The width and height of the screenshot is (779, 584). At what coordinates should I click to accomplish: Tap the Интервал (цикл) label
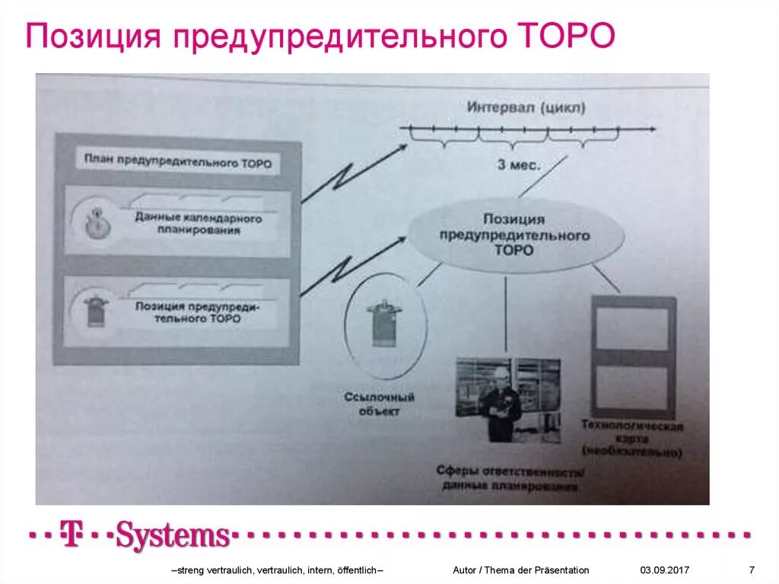click(x=526, y=108)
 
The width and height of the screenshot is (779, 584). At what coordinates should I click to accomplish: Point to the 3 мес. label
click(x=520, y=164)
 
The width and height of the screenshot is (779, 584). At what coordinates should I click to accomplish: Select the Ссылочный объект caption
click(x=378, y=404)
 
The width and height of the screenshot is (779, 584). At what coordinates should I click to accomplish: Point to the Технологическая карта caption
click(x=631, y=439)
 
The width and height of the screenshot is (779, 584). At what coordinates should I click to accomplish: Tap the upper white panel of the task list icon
click(x=633, y=329)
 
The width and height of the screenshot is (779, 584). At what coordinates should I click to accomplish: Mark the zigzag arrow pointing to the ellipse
click(x=351, y=266)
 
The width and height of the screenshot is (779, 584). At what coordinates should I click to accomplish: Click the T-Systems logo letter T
click(x=72, y=535)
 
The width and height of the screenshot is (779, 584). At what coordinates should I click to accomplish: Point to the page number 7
click(x=752, y=570)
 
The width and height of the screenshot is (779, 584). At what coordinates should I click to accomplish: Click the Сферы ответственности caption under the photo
click(x=510, y=478)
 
